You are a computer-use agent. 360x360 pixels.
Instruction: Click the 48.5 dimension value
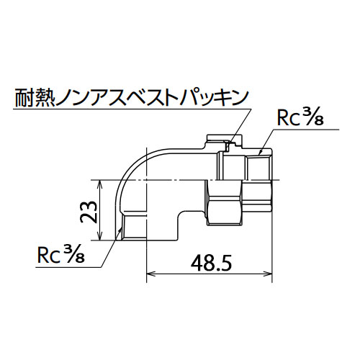[x=211, y=263]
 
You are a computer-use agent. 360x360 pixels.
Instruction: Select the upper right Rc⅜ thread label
[x=300, y=118]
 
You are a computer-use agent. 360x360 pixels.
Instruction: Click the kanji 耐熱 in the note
[x=35, y=98]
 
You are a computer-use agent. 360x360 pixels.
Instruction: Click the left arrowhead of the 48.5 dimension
[x=150, y=274]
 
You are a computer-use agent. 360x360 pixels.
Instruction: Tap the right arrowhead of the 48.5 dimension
[x=268, y=274]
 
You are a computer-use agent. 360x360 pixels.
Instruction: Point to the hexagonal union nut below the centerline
[x=225, y=203]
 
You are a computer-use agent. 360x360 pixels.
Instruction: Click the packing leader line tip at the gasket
[x=228, y=145]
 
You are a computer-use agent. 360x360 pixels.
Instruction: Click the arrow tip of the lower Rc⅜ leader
[x=121, y=228]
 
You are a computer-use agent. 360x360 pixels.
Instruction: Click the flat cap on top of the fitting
[x=224, y=138]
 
